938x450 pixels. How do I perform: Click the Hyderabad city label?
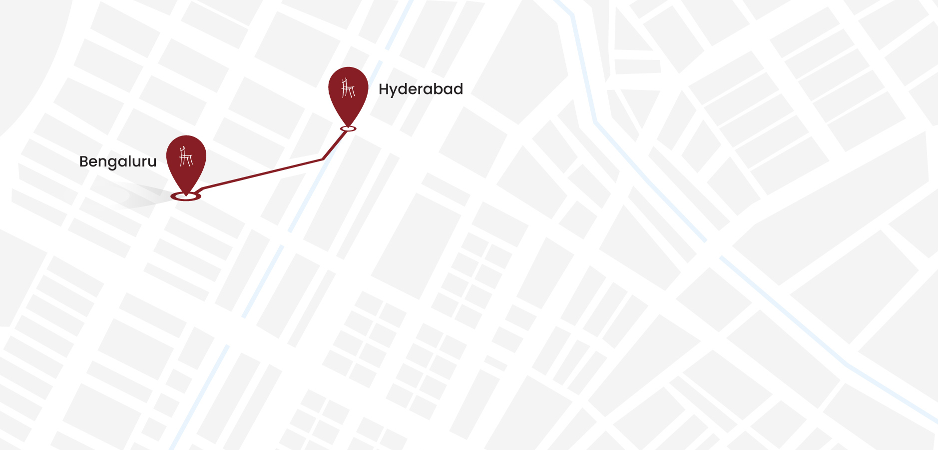(421, 89)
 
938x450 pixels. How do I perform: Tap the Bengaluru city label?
(118, 161)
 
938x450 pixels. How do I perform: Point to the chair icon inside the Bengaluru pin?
(186, 156)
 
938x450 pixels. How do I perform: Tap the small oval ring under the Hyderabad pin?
(348, 129)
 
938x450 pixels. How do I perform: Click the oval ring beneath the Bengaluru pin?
(186, 196)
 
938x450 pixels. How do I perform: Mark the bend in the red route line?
(323, 159)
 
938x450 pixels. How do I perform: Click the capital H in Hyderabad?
(384, 89)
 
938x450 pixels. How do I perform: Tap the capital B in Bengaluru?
(84, 161)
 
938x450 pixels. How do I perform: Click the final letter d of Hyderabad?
(458, 89)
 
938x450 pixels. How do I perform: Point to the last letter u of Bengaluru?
(152, 162)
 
